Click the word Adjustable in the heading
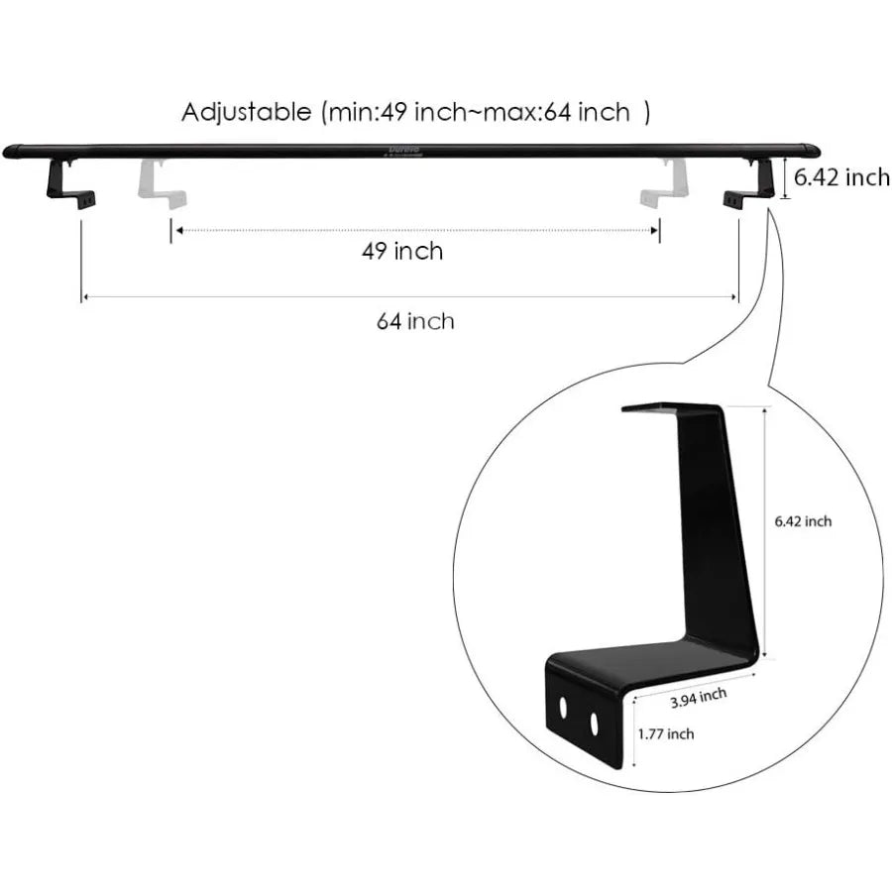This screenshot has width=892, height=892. click(247, 112)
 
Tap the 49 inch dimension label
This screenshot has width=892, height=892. click(402, 251)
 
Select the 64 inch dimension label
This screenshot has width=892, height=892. click(415, 321)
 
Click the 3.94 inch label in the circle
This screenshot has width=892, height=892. click(698, 698)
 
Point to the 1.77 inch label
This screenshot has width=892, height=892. click(666, 733)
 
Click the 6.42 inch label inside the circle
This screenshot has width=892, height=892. click(803, 521)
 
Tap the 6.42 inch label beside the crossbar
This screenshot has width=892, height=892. click(841, 177)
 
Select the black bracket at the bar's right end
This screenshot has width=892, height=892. click(749, 183)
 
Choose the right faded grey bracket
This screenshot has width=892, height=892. click(663, 183)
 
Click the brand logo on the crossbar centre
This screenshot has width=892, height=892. click(404, 151)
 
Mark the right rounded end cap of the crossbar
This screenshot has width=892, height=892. click(811, 151)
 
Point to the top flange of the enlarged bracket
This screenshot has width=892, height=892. click(671, 408)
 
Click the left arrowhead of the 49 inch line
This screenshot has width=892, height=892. click(179, 230)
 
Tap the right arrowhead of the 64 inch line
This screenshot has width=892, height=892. click(733, 297)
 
